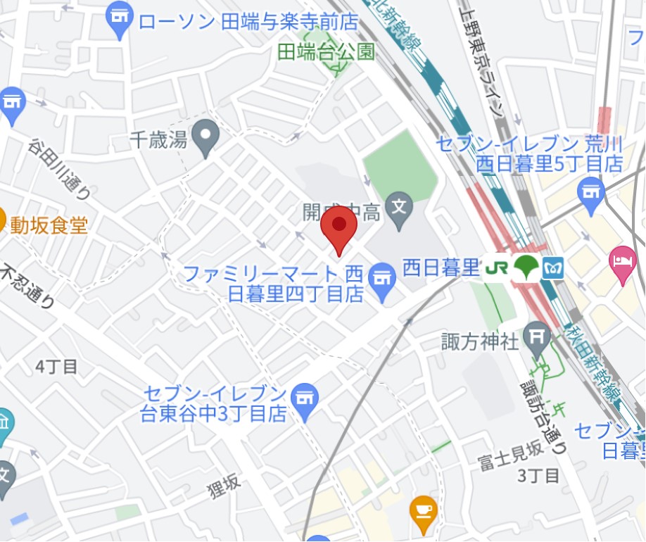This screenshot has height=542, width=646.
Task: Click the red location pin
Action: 339,227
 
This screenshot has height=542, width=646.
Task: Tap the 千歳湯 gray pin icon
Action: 206,137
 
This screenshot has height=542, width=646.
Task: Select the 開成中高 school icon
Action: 400,209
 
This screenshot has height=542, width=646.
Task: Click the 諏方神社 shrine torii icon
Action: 538,339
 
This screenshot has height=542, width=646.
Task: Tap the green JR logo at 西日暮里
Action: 496,267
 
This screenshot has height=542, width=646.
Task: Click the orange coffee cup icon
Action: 423,512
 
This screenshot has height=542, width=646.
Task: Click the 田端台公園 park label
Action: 326,51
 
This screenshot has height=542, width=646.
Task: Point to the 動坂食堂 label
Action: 49,225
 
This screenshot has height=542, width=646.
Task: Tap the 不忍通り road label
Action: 28,286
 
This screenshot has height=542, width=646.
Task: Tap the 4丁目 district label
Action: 56,366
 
